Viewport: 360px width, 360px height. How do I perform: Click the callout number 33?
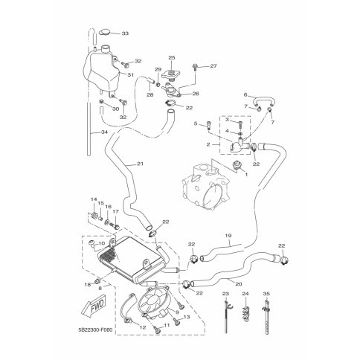[x=124, y=33]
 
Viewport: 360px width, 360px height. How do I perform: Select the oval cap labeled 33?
[x=105, y=33]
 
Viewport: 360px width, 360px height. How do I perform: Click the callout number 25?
[x=171, y=58]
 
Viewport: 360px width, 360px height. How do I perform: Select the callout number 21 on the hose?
[x=139, y=163]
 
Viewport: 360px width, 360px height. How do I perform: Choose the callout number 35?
[x=266, y=295]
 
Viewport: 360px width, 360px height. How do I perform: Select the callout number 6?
[x=245, y=94]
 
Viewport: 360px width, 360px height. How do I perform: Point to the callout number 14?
[x=94, y=199]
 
